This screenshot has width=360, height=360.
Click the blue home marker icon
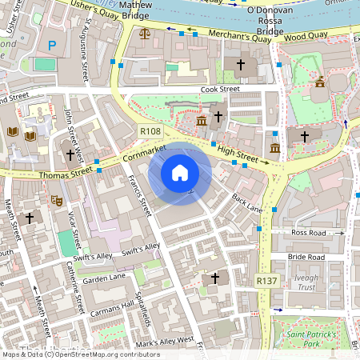point(180,173)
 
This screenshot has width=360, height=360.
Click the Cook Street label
point(220,90)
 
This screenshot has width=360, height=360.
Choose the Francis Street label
point(140,196)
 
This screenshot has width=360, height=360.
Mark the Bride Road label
point(306,257)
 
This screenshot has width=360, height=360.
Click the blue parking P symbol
point(52,46)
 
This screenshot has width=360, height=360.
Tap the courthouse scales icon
point(144,34)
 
